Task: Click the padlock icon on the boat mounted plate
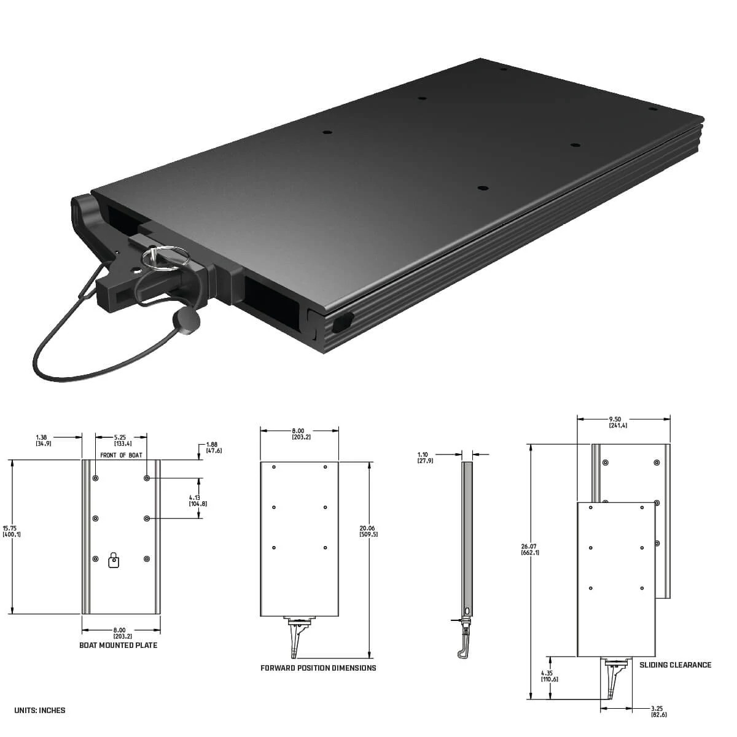pos(114,560)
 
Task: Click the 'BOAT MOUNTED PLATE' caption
pos(119,645)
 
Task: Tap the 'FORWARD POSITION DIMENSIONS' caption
pos(318,668)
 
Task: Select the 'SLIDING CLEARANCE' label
pos(675,665)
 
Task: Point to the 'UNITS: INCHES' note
pos(39,711)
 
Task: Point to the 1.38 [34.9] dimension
pos(43,440)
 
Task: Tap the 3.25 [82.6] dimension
pos(658,711)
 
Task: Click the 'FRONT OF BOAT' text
pos(121,455)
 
